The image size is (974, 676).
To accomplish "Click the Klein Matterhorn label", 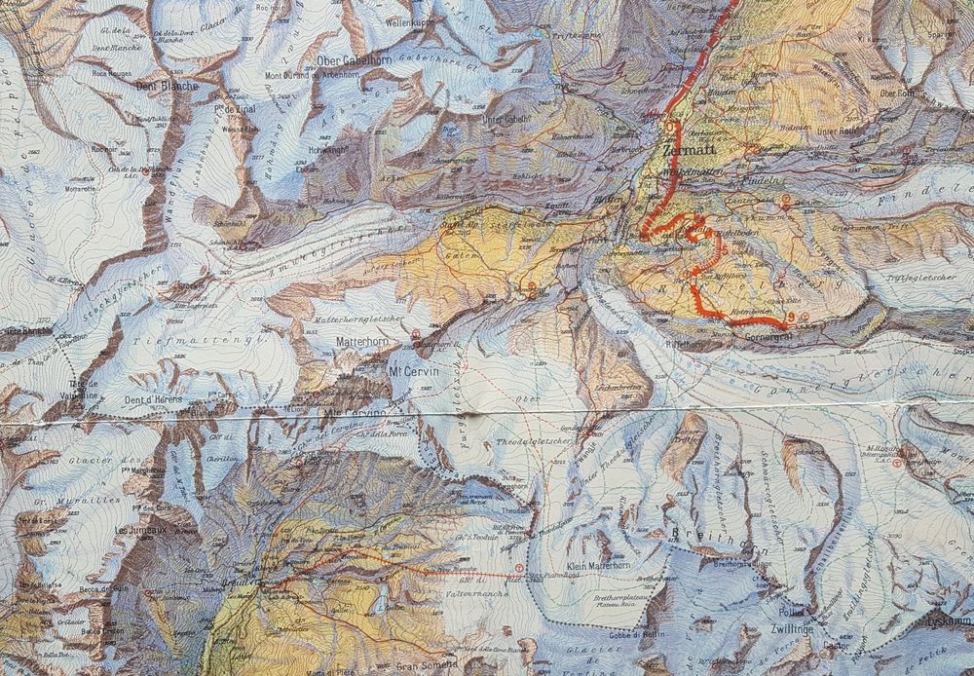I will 596,565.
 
